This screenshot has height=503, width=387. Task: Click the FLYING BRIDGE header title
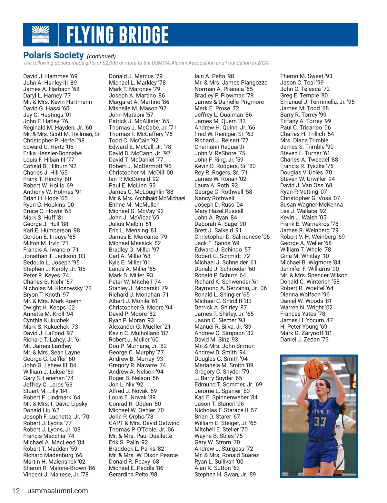(117, 35)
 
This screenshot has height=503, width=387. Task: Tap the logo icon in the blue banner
(41, 35)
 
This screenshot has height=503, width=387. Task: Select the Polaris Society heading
(54, 56)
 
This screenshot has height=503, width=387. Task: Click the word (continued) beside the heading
(101, 56)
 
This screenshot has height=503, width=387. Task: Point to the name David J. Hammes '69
(50, 76)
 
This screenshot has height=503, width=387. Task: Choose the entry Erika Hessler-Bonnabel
(53, 153)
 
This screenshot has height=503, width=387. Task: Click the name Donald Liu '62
(41, 410)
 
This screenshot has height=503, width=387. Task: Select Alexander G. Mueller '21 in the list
(140, 327)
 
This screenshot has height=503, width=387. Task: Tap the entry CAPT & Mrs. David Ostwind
(144, 423)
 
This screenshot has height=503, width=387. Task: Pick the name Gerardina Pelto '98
(133, 475)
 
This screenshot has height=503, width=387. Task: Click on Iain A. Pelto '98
(214, 76)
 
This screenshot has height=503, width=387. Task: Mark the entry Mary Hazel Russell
(219, 211)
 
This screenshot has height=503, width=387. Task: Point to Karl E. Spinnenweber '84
(226, 397)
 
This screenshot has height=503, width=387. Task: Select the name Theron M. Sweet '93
(306, 76)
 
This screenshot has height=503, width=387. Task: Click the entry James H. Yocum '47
(306, 320)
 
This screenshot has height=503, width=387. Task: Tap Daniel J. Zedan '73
(304, 340)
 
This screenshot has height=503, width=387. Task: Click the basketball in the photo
(313, 368)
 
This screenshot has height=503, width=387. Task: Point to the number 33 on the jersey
(320, 422)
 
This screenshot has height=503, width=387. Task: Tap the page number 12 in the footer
(16, 491)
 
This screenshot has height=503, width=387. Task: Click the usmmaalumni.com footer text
(58, 491)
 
